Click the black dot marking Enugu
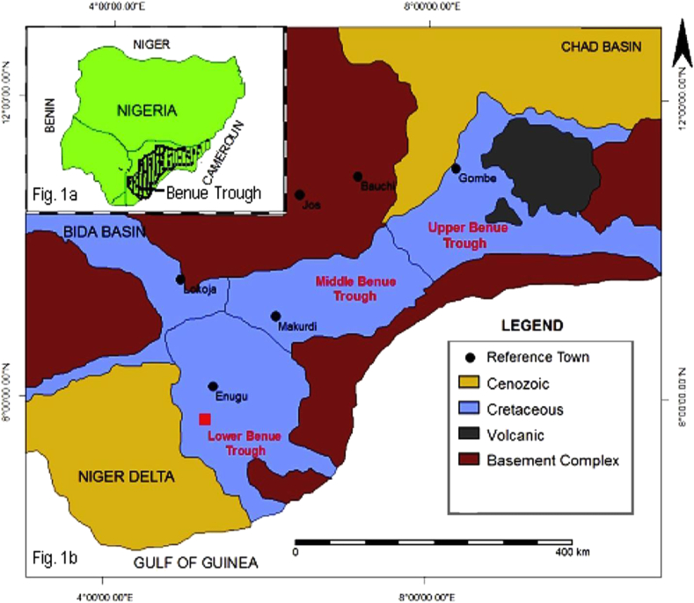pyautogui.click(x=212, y=386)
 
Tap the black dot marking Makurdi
pyautogui.click(x=275, y=316)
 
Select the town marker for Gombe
pyautogui.click(x=456, y=168)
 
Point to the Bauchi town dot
pyautogui.click(x=358, y=176)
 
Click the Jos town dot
pyautogui.click(x=300, y=194)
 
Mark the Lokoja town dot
pyautogui.click(x=180, y=280)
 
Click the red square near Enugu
pyautogui.click(x=204, y=419)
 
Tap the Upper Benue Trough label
pyautogui.click(x=457, y=235)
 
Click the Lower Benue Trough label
pyautogui.click(x=237, y=443)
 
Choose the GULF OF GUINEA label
pyautogui.click(x=193, y=562)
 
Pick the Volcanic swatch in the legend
pyautogui.click(x=476, y=434)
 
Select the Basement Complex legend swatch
pyautogui.click(x=476, y=460)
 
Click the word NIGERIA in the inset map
pyautogui.click(x=138, y=111)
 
